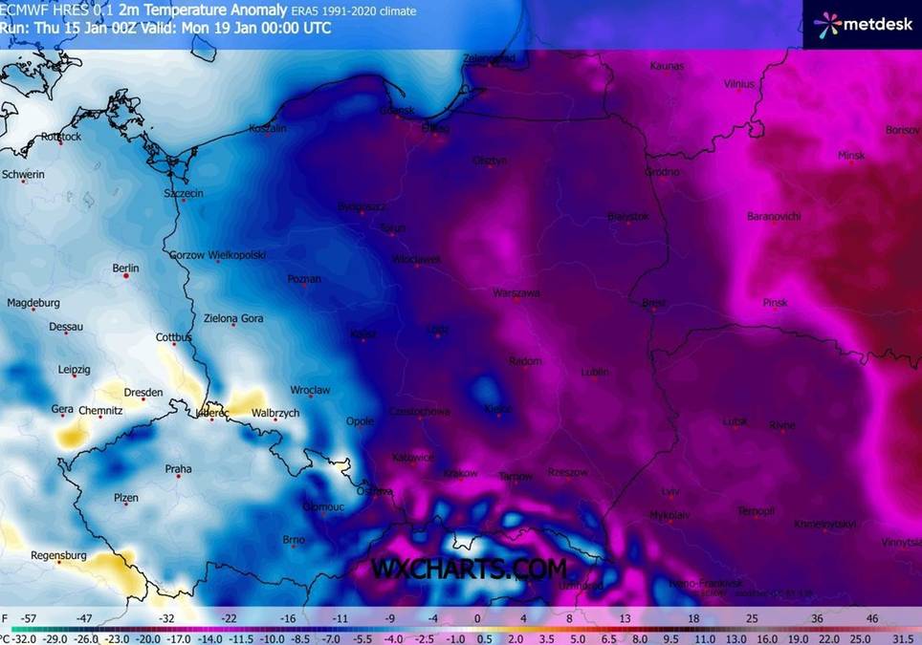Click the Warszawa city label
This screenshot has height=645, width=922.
pyautogui.click(x=516, y=292)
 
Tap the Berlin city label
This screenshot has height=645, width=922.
pyautogui.click(x=125, y=269)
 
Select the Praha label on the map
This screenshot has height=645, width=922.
pyautogui.click(x=178, y=468)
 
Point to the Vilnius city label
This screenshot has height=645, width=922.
pyautogui.click(x=739, y=84)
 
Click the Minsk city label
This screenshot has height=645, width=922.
pyautogui.click(x=850, y=155)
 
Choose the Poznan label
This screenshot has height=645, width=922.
pyautogui.click(x=304, y=279)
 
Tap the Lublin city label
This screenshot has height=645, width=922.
pyautogui.click(x=594, y=372)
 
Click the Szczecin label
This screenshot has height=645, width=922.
pyautogui.click(x=184, y=193)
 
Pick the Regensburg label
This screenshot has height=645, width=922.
pyautogui.click(x=59, y=555)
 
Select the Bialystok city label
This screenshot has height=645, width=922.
pyautogui.click(x=627, y=217)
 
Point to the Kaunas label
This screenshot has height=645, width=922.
pyautogui.click(x=666, y=66)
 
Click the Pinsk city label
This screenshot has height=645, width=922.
pyautogui.click(x=776, y=303)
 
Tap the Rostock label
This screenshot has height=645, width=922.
pyautogui.click(x=61, y=137)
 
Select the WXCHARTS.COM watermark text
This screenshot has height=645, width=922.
pyautogui.click(x=469, y=569)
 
